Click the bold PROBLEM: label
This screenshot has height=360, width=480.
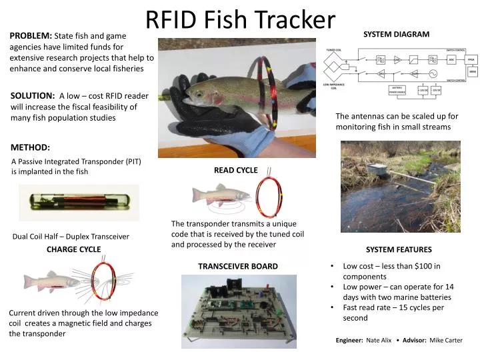click(x=31, y=35)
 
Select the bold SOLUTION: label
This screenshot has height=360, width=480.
click(x=33, y=96)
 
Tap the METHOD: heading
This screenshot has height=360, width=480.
click(x=31, y=147)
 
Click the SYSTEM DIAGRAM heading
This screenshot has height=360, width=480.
click(x=396, y=34)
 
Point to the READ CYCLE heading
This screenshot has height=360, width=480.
click(x=235, y=170)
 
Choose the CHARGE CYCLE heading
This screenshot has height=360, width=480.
click(x=73, y=249)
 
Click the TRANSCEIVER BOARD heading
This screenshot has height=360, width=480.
click(x=238, y=266)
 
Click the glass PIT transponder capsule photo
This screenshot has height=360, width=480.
click(x=79, y=202)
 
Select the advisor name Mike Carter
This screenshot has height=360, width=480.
click(x=446, y=340)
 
